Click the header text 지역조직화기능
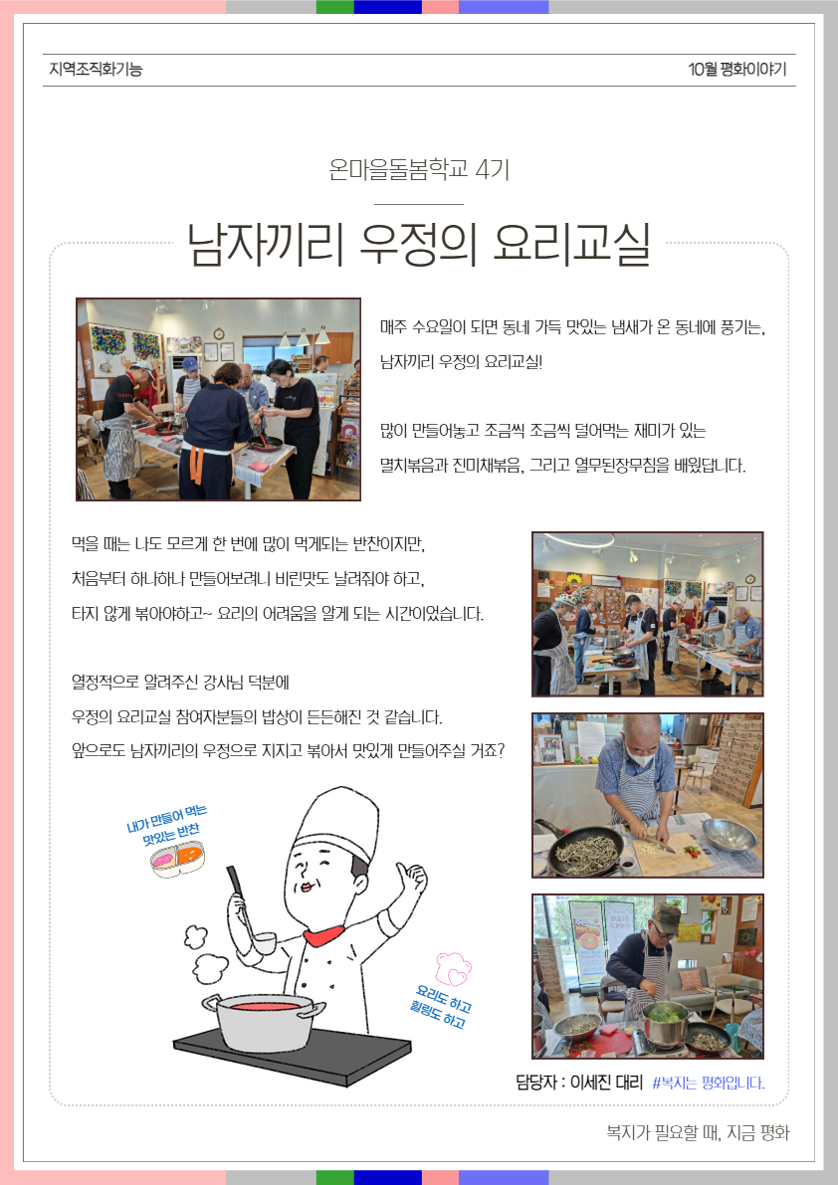pos(96,70)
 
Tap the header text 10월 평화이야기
pos(736,70)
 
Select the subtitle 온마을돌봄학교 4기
pos(419,169)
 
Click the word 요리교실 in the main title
pos(571,244)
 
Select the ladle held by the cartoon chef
pos(250,910)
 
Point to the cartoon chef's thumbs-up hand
pos(412,882)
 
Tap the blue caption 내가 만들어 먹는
pos(166,819)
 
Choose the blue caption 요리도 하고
pos(444,998)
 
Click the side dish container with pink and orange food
pos(177,859)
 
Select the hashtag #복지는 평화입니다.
pos(708,1083)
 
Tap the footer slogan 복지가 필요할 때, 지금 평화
pos(698,1132)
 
